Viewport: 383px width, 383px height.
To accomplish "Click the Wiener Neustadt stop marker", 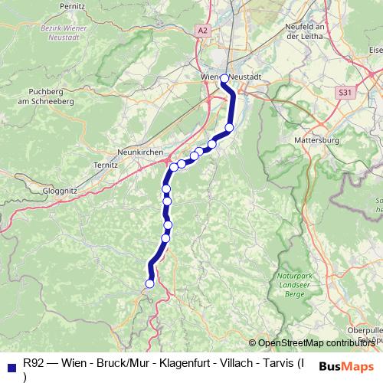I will pyautogui.click(x=224, y=79).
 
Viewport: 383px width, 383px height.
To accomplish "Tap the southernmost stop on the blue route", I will pyautogui.click(x=149, y=283).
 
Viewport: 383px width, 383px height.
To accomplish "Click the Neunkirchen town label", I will pyautogui.click(x=141, y=152).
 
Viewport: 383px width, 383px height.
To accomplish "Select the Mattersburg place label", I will pyautogui.click(x=316, y=141).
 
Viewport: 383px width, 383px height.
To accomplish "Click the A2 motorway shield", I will pyautogui.click(x=202, y=31).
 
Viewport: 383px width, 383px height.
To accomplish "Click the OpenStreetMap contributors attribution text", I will pyautogui.click(x=316, y=343).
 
